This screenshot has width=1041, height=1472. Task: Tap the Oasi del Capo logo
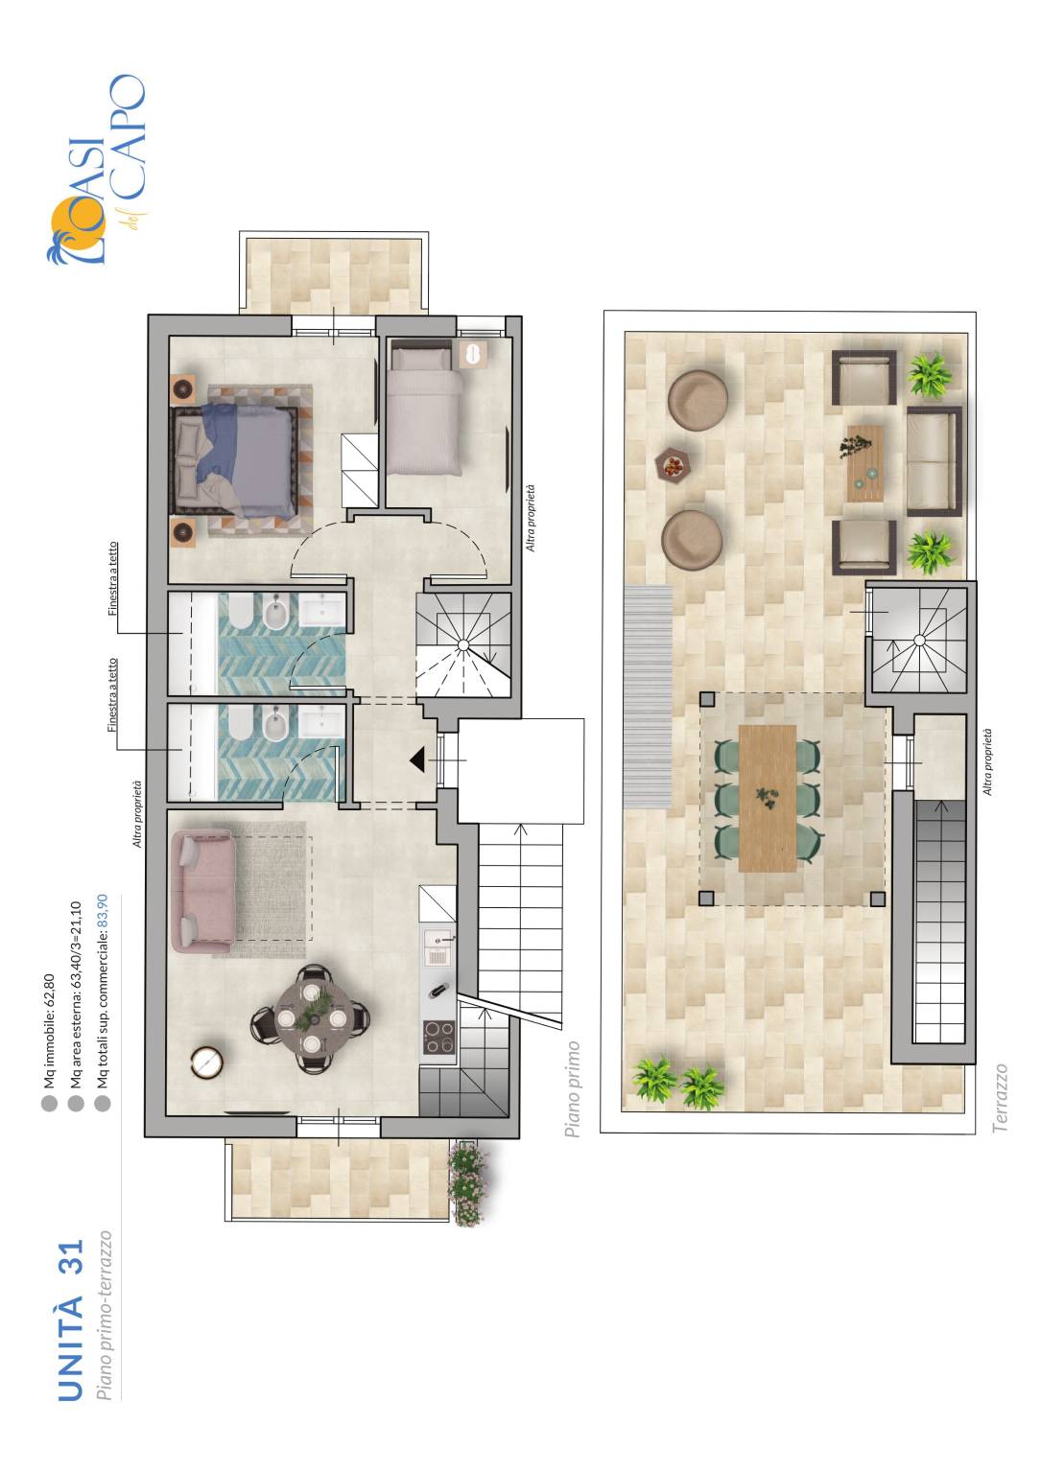96,170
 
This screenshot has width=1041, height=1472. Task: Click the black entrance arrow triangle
418,760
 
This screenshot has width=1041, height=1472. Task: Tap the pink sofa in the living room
202,891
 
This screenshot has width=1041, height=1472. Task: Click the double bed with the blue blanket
234,460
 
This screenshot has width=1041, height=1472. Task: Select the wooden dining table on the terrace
768,799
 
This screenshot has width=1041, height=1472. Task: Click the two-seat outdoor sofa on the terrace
935,460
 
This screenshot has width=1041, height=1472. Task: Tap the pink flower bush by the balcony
468,1183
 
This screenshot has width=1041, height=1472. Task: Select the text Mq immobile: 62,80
49,1029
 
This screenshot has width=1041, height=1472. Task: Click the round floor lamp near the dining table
208,1062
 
